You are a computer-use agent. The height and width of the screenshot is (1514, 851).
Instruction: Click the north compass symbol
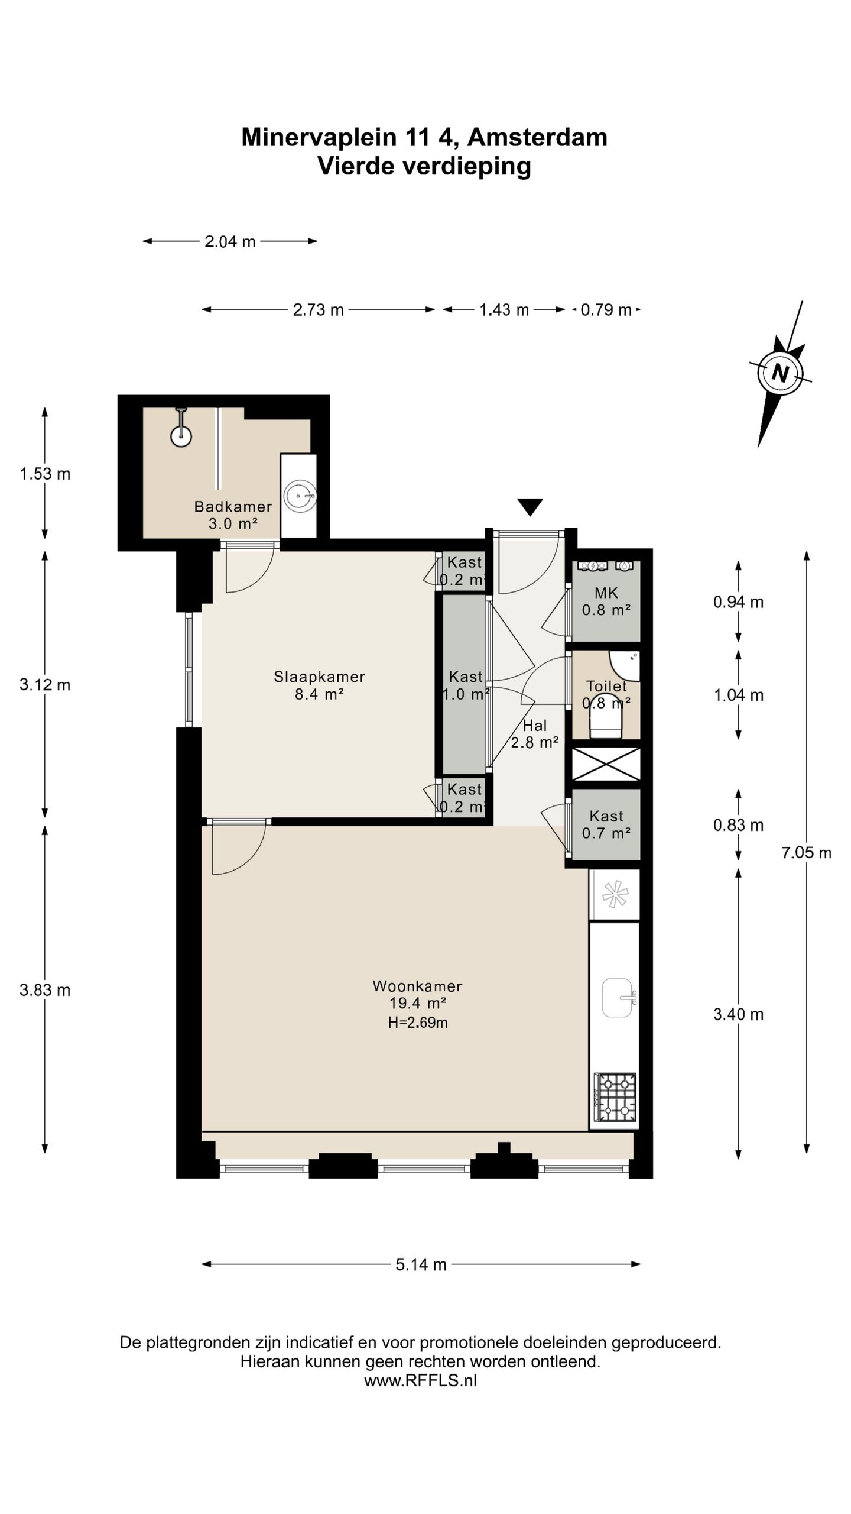point(780,374)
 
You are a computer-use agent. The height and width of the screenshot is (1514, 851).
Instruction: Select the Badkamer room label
point(233,506)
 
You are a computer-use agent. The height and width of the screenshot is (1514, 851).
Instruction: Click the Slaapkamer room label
point(319,677)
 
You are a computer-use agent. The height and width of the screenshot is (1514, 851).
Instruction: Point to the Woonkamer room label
point(417,986)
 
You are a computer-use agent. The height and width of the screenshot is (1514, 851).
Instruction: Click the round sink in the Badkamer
point(300,496)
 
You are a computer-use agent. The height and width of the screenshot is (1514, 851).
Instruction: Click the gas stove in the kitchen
point(615,1098)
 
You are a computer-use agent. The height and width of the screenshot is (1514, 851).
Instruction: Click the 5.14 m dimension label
point(421,1264)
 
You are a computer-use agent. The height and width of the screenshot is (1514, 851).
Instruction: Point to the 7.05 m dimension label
point(806,853)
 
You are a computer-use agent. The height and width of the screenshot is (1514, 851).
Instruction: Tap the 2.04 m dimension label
point(230,241)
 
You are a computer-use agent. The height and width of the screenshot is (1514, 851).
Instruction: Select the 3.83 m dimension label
point(45,990)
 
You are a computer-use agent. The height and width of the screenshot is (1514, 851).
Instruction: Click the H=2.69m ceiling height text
point(417,1023)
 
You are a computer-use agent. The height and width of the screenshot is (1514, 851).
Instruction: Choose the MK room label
point(606,593)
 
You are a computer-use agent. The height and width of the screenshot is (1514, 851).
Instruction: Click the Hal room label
point(535,726)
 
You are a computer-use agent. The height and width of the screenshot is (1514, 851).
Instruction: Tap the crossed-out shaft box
point(606,764)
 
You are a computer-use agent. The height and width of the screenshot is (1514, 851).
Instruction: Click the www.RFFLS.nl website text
point(420,1380)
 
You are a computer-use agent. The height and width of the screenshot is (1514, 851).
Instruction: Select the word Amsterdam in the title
point(537,137)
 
